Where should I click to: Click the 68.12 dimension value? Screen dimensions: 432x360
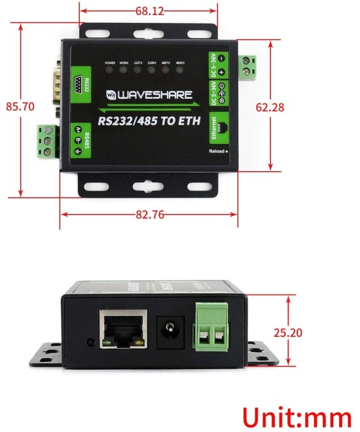pyautogui.click(x=149, y=11)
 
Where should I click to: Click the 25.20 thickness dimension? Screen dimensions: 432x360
pyautogui.click(x=287, y=333)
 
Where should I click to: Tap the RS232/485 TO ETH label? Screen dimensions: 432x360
pyautogui.click(x=148, y=120)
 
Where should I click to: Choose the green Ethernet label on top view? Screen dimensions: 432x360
pyautogui.click(x=213, y=128)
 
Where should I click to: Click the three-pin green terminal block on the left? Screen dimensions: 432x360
pyautogui.click(x=47, y=140)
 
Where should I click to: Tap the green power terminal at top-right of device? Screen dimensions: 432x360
pyautogui.click(x=248, y=63)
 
